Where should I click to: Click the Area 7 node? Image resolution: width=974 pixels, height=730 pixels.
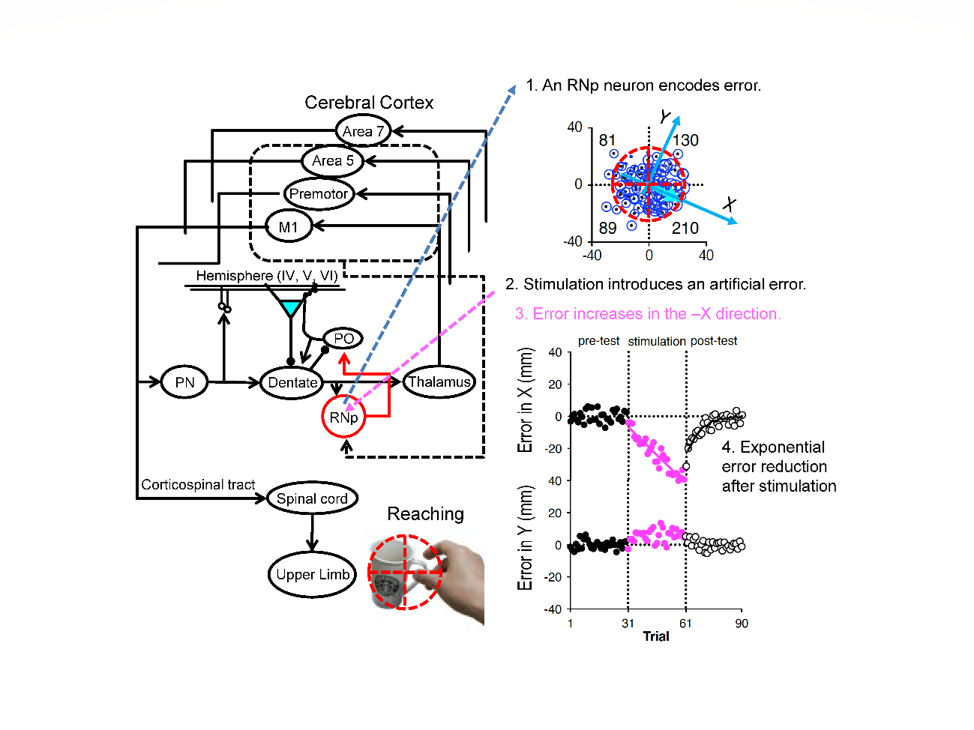click(x=363, y=131)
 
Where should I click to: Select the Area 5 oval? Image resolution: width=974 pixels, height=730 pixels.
click(x=332, y=160)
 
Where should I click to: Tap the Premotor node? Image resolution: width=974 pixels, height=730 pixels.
click(x=319, y=193)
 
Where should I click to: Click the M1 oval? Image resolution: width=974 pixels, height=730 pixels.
click(x=289, y=226)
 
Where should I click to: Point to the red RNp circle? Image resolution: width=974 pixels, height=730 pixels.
click(x=343, y=417)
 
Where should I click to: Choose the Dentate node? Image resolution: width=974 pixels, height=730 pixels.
click(x=292, y=382)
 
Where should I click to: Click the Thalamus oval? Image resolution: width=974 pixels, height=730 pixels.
click(x=439, y=381)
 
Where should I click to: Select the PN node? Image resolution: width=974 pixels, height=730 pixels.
click(x=184, y=382)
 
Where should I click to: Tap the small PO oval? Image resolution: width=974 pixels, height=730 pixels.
click(x=343, y=338)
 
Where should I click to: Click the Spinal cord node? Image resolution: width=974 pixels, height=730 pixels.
click(x=312, y=498)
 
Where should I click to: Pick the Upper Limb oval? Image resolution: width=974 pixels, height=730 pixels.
click(x=312, y=574)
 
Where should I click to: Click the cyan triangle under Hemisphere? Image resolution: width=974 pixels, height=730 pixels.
click(x=290, y=307)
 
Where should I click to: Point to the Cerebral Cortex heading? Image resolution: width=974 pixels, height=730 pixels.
click(x=369, y=103)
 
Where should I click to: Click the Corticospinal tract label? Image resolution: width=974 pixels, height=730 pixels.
click(x=198, y=485)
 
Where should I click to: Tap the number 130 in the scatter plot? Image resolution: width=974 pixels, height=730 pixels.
click(x=685, y=140)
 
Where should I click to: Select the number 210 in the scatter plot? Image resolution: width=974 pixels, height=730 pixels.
click(x=685, y=228)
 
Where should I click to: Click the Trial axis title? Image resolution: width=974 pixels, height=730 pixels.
click(x=656, y=636)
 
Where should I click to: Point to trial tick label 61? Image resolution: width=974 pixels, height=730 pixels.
click(x=685, y=624)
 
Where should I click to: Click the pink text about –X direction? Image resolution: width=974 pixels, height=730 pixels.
click(x=648, y=314)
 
